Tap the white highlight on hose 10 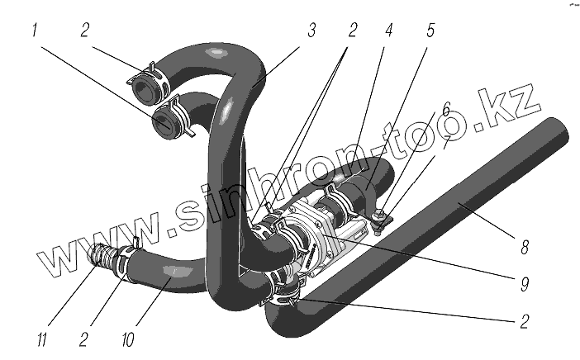click(x=172, y=272)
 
